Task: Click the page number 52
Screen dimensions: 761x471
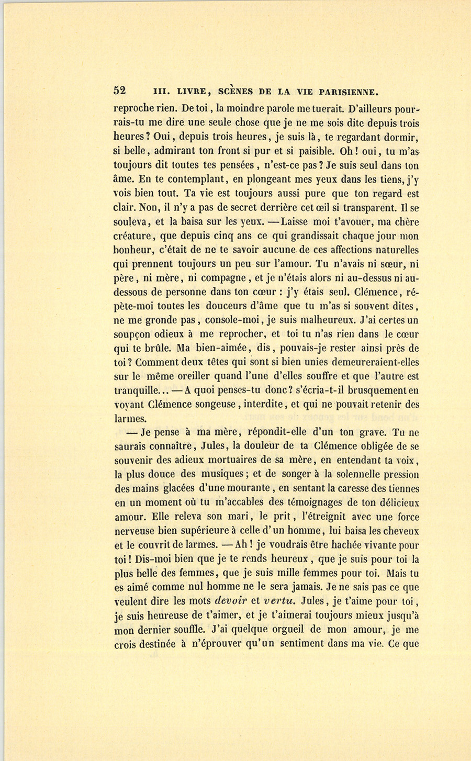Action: point(120,90)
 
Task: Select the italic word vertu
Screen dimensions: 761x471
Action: point(282,601)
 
